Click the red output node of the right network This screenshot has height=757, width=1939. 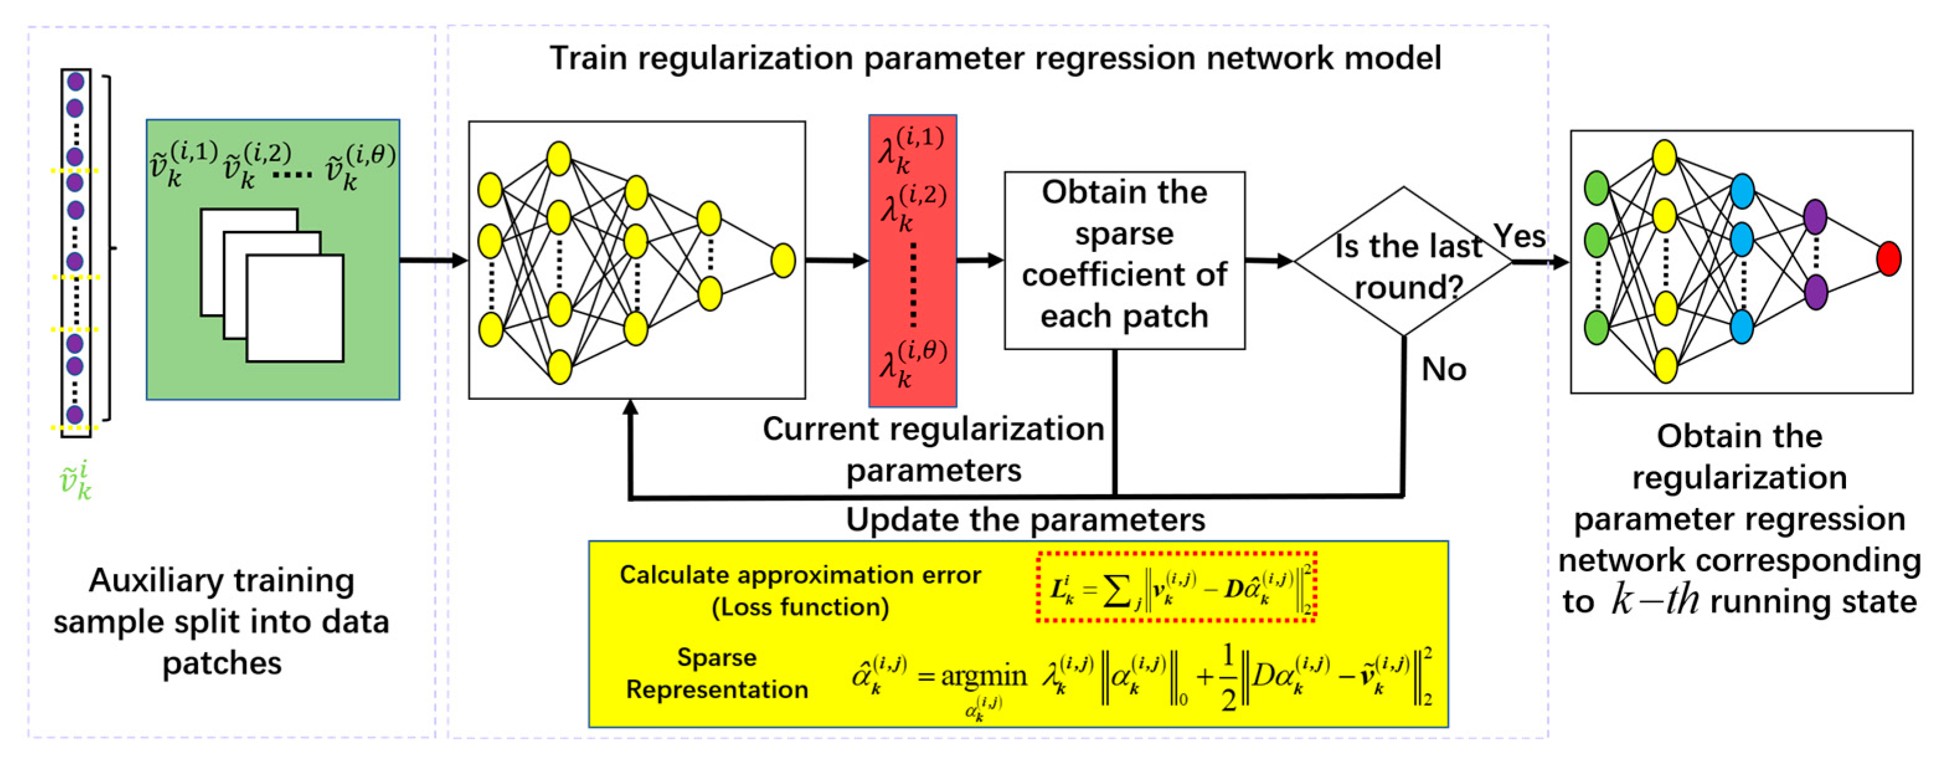1889,258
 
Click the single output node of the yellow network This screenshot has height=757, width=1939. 783,261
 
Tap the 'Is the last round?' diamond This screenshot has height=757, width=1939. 1402,261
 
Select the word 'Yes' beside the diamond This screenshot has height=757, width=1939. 1519,236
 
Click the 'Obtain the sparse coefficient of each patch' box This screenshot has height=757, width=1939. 1124,255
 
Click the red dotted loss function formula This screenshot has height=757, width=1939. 1176,587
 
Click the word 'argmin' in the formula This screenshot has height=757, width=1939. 983,676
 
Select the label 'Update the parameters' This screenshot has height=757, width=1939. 1025,520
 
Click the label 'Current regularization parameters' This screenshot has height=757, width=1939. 933,449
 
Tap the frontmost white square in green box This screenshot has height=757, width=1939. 295,309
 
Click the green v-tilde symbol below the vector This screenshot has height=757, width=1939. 75,481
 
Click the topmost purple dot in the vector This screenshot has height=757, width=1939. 74,81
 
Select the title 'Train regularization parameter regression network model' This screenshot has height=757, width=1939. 995,58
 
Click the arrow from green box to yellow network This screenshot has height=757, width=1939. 433,261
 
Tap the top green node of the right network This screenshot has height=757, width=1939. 1596,188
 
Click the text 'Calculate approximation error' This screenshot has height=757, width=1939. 800,574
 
